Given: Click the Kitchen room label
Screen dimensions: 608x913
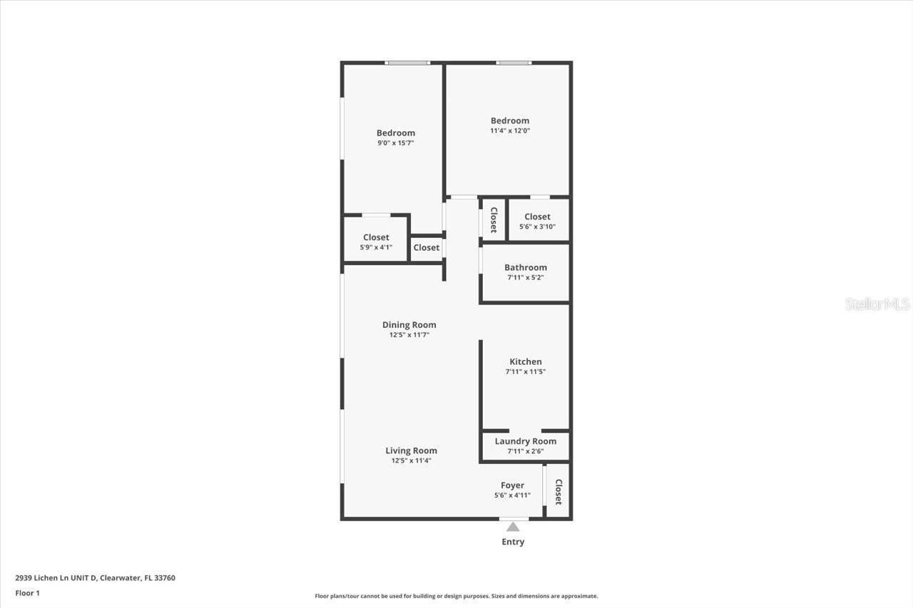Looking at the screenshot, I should [525, 362].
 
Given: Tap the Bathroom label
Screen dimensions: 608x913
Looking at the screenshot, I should [526, 268].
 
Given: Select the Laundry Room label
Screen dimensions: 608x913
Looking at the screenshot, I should [525, 441].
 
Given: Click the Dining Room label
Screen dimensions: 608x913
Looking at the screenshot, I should [409, 325].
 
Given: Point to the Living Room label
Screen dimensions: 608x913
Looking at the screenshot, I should [411, 450].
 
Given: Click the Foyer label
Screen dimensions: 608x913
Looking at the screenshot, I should [512, 485].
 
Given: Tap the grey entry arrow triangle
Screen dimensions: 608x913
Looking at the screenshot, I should [513, 527].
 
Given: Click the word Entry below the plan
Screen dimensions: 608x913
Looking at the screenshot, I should [513, 542].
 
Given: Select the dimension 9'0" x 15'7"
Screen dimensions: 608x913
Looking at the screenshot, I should [396, 143].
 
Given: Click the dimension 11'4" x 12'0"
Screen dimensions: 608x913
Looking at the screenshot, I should [509, 131].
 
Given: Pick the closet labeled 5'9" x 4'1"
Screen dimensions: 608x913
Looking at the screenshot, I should [376, 242].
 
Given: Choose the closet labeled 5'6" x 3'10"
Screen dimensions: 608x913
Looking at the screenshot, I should [537, 222].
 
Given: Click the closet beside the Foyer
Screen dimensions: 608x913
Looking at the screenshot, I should [558, 491].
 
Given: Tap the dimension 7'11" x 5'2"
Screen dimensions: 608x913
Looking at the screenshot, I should [526, 277].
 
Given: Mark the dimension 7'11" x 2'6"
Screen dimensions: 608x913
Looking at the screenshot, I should [525, 451].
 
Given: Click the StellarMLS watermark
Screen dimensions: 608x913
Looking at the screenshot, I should [877, 304].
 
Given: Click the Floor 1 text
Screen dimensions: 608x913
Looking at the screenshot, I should [27, 593].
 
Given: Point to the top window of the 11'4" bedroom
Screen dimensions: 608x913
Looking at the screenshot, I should [514, 63].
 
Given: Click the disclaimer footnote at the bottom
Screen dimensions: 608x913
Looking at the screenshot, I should [456, 596].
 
